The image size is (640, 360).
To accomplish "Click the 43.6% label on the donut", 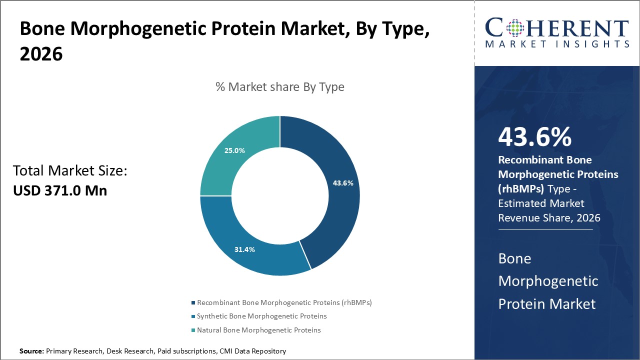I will coord(343,183).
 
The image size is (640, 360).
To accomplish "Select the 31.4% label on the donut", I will coord(244,249).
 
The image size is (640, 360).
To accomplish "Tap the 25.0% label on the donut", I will coord(234,150).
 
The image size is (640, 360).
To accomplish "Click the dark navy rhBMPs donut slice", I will coord(335,210).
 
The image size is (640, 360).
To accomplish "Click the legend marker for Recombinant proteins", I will coord(193,303).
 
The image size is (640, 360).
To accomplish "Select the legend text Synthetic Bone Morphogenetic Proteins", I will coord(261,316).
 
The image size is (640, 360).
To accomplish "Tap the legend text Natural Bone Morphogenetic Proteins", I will coord(258,330).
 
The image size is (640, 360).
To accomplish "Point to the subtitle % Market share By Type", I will coord(279,87).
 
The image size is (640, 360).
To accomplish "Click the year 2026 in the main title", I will coord(41,54).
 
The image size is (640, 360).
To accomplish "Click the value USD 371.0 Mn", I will coord(60,190).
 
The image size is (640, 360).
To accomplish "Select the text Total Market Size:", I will coord(70,171).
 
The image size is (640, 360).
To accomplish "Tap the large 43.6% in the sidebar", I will coord(534,137).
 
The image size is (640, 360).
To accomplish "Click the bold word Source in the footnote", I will coord(31,351).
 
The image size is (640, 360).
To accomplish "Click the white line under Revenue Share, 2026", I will coord(545,230).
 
